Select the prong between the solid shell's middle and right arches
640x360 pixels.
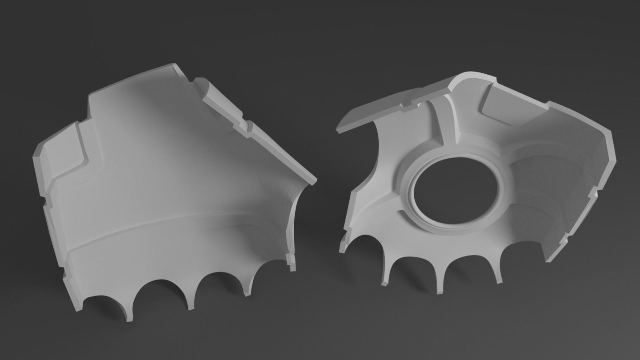tap(191, 302)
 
